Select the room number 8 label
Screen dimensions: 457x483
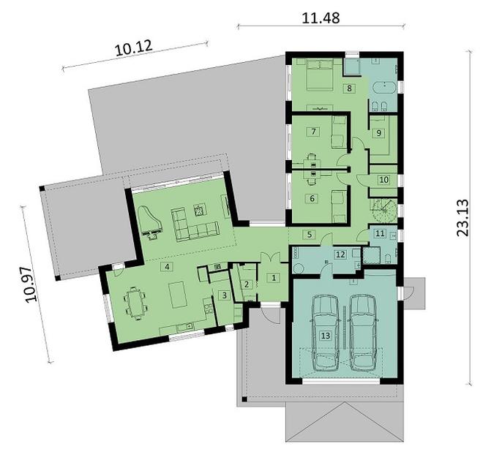pos(349,88)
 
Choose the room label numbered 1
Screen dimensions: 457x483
pos(272,277)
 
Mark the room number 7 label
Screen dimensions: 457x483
pos(312,132)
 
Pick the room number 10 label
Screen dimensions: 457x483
pos(383,178)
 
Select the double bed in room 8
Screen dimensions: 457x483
pos(316,74)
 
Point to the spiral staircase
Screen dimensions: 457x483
pos(383,211)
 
